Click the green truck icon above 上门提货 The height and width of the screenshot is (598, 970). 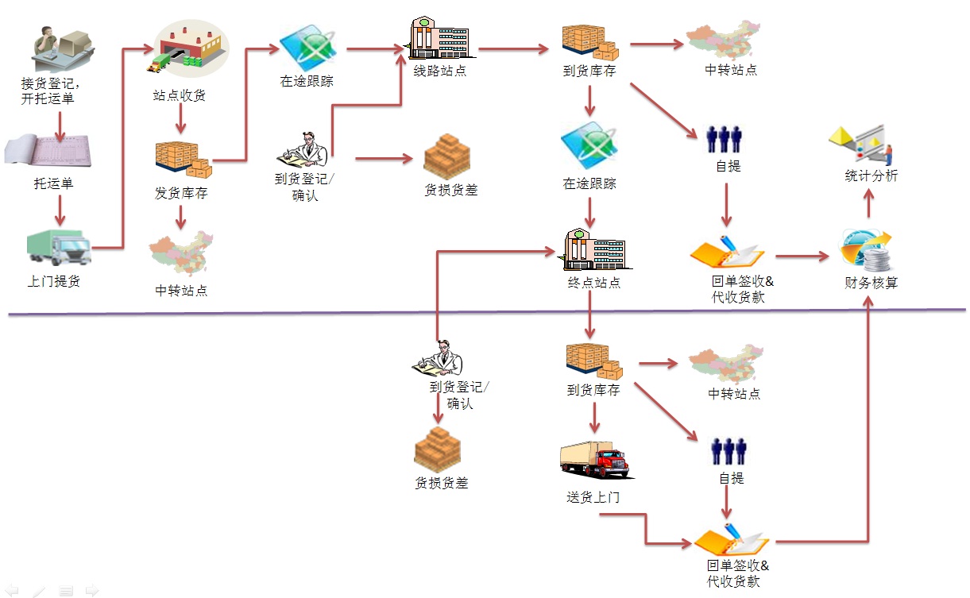point(59,247)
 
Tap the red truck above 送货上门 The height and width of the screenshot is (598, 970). point(594,460)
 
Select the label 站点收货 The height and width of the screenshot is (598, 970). point(180,95)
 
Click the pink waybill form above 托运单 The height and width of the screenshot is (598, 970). point(48,150)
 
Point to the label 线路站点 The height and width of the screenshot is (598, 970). point(440,71)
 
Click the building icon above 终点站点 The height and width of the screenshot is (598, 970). point(594,249)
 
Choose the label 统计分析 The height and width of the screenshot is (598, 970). point(871,176)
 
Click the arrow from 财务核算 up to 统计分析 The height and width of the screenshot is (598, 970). point(868,203)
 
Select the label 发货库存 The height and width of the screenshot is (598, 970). point(181,193)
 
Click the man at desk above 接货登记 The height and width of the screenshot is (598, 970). point(64,48)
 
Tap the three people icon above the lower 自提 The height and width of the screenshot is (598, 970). point(728,451)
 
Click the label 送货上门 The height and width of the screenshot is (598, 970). point(593,497)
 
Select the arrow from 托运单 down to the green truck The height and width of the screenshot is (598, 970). point(60,210)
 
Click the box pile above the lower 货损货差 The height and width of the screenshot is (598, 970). point(438,450)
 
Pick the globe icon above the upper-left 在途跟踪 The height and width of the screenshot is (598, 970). point(308,48)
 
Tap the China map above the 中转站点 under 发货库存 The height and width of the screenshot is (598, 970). point(181,254)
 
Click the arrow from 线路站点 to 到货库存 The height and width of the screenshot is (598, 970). point(513,49)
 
